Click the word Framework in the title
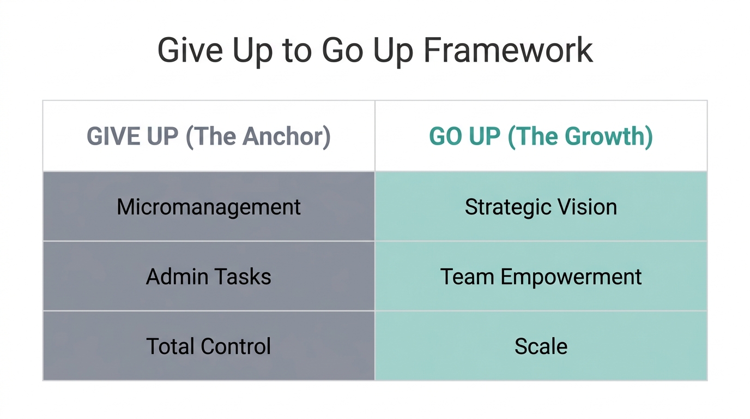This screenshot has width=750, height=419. coord(508,51)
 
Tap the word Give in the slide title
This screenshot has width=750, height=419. coord(190,51)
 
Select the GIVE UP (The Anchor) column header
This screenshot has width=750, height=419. coord(209,136)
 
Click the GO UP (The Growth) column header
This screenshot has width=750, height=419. coord(541,136)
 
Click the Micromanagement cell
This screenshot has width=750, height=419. coord(209,207)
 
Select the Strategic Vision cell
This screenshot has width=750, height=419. coord(541,207)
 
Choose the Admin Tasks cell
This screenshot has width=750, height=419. coord(209,277)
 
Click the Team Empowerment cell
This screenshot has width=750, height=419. coord(541,277)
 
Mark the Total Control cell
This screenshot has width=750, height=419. coord(209,346)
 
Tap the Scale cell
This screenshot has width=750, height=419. coord(541,346)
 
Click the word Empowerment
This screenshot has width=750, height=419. coord(571,277)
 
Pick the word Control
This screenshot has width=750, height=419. coord(235,346)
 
